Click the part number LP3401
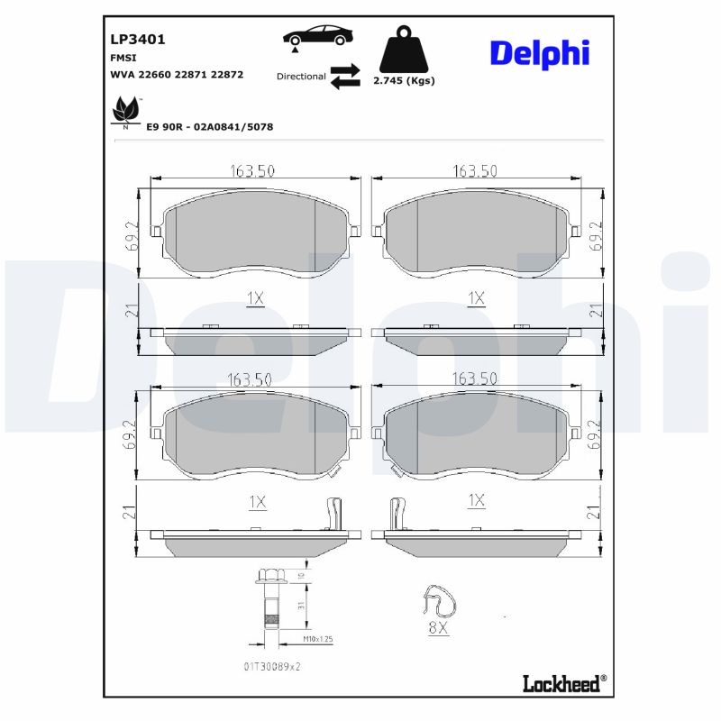coord(137,40)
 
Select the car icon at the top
coord(318,37)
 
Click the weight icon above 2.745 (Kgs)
coord(403,52)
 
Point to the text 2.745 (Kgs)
coord(404,80)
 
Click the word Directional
coord(301,77)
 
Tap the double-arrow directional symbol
coord(344,77)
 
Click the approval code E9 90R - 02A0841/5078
coord(209,127)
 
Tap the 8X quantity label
coord(438,628)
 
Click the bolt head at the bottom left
coord(268,575)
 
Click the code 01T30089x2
coord(271,668)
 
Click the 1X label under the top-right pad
coord(477,297)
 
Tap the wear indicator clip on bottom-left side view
coord(333,514)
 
